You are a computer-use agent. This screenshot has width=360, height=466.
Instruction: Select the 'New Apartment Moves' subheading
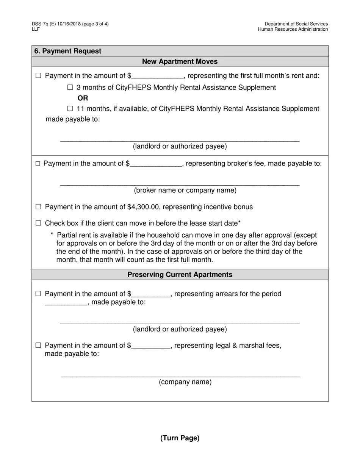(x=180, y=61)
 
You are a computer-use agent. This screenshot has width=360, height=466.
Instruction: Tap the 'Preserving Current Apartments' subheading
(x=180, y=275)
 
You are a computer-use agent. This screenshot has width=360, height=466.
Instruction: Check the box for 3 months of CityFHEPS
(x=70, y=88)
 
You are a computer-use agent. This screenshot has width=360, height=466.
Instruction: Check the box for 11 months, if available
(x=70, y=109)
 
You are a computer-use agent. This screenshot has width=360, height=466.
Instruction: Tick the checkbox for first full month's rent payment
(x=38, y=76)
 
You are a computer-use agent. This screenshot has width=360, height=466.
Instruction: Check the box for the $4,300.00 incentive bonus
(x=38, y=207)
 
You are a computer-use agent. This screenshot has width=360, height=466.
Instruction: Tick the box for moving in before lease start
(x=38, y=223)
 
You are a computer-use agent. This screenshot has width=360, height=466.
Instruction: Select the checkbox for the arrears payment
(x=38, y=294)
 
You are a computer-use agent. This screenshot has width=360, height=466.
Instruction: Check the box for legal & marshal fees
(x=38, y=345)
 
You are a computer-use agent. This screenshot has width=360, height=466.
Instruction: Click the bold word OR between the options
(x=83, y=98)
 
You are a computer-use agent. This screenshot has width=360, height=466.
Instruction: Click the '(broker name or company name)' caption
(x=185, y=190)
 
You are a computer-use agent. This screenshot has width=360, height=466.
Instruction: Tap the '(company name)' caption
(x=185, y=382)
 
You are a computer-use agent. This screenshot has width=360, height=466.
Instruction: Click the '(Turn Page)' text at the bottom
(x=180, y=438)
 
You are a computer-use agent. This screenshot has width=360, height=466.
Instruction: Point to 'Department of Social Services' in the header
(x=296, y=24)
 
